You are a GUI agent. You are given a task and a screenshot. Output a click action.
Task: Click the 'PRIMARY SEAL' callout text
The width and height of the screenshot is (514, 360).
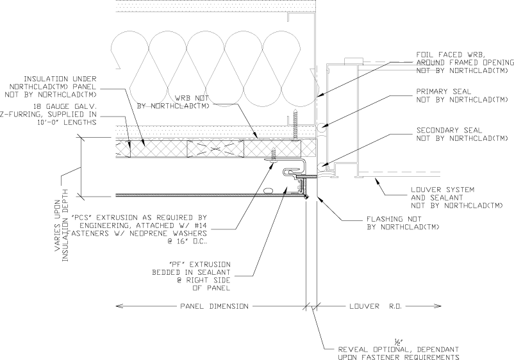coord(444,92)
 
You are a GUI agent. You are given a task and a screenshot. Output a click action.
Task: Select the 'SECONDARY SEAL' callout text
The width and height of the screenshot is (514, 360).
coord(449,131)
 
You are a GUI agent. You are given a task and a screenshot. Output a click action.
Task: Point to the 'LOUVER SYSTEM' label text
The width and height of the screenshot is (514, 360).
coord(442,190)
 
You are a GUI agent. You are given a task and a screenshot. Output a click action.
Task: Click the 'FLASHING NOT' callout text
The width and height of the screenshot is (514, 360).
coord(394,219)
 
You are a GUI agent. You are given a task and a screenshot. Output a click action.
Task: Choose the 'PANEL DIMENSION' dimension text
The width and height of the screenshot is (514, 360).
coord(215,306)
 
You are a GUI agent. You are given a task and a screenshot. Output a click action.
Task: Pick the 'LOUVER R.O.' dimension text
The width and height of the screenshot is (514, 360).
coord(376,306)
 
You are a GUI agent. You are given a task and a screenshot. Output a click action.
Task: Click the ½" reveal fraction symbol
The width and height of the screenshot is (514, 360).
coord(398,342)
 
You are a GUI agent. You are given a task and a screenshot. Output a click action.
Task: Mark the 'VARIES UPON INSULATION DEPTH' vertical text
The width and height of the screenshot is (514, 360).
coord(62,225)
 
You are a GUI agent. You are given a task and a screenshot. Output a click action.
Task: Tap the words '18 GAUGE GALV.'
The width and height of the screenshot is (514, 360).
coord(65,106)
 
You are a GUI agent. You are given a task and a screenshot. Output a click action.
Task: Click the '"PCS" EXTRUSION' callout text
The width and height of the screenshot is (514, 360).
coord(139,218)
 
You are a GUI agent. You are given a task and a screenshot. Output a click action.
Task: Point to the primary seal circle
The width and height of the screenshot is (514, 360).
coord(321,127)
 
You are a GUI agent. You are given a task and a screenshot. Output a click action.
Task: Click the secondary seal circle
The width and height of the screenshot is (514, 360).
coord(322,166)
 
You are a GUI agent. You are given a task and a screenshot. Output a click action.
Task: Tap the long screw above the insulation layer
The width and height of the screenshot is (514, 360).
coord(295,126)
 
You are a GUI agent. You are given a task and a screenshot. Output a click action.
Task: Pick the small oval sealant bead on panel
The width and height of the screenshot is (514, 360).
coord(268,190)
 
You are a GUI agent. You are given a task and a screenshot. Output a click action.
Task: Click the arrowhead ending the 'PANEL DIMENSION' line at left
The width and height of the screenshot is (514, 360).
coord(119,306)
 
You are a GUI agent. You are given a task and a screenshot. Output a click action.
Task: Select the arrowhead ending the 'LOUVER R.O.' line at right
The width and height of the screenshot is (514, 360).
coord(438,306)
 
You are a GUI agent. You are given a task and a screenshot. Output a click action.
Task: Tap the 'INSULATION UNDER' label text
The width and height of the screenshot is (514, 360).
coord(60,79)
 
